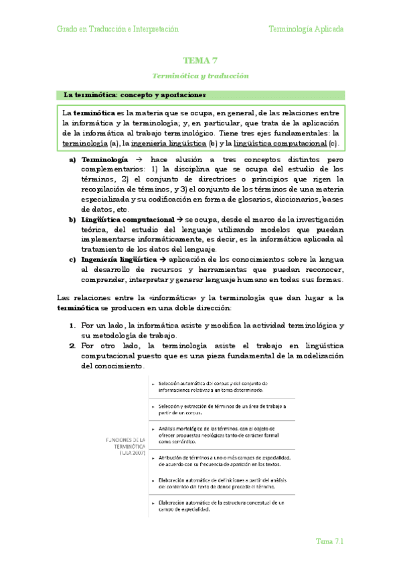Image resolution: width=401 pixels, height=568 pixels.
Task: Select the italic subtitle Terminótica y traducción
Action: [x=200, y=76]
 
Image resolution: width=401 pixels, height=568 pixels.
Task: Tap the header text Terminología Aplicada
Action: [x=306, y=29]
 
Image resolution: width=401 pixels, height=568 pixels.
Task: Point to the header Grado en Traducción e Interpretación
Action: [x=117, y=29]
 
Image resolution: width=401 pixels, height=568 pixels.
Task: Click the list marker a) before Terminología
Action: [x=72, y=161]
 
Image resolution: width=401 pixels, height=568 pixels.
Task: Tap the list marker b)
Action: [x=72, y=220]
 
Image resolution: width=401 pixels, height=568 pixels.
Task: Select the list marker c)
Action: [x=72, y=259]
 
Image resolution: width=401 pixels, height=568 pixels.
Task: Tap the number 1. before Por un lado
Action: [x=72, y=326]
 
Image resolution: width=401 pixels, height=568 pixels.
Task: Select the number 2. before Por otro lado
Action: [x=72, y=346]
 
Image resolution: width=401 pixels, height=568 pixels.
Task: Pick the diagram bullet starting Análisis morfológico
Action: [x=221, y=433]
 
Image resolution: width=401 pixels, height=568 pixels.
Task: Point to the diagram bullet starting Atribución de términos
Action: [x=221, y=460]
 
